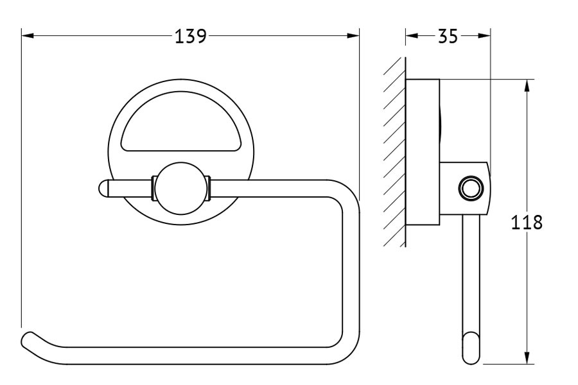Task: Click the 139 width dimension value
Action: click(x=191, y=36)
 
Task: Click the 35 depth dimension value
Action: click(x=448, y=36)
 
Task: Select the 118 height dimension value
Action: click(x=527, y=223)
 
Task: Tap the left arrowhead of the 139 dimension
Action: click(x=28, y=36)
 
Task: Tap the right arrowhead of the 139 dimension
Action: click(x=353, y=36)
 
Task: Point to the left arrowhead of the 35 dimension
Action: click(x=412, y=36)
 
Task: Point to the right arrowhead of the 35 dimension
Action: click(x=484, y=36)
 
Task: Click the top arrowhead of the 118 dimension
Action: click(x=527, y=85)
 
